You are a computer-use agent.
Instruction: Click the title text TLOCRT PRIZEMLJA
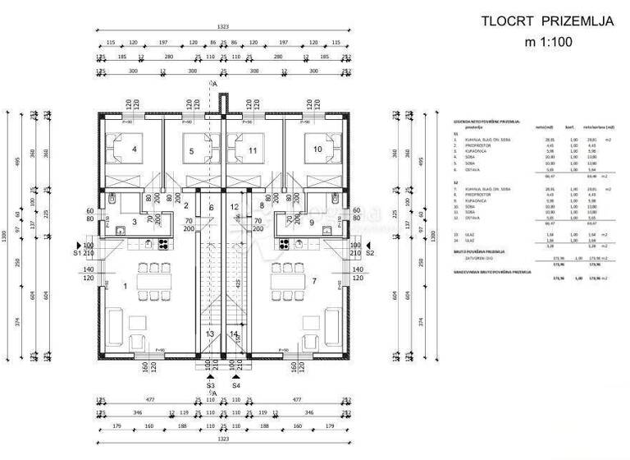(547, 22)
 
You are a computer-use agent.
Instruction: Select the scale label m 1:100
(547, 42)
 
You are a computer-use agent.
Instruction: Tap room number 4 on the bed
(133, 149)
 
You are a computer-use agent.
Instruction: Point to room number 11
(252, 150)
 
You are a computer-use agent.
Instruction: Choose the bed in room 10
(316, 149)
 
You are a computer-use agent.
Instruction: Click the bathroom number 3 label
(135, 222)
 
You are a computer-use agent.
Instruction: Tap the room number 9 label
(312, 222)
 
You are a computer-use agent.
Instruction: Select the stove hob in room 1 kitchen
(163, 243)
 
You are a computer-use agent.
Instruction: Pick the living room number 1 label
(125, 286)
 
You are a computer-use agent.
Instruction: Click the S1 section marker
(78, 254)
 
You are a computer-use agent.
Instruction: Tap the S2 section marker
(369, 254)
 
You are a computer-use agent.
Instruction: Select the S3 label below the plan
(210, 384)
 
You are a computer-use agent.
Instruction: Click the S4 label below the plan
(235, 384)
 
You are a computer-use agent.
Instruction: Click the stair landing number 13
(210, 334)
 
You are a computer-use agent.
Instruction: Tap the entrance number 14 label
(235, 334)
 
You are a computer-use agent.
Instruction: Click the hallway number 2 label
(186, 205)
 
